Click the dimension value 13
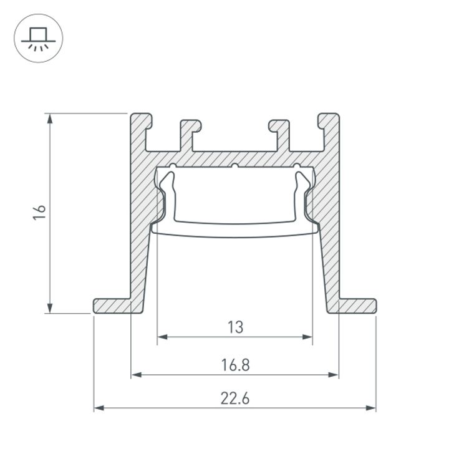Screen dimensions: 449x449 (x=234, y=326)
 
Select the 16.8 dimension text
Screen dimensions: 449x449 (x=234, y=364)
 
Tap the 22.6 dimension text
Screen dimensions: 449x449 (x=234, y=398)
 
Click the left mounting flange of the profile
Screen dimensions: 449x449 (x=112, y=306)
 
